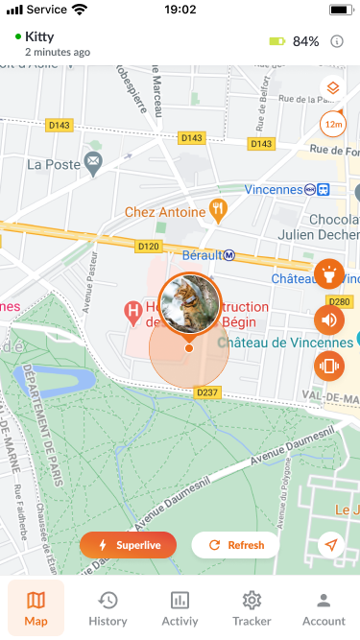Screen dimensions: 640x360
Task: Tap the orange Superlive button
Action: pos(129,545)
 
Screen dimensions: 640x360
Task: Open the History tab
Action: pos(108,607)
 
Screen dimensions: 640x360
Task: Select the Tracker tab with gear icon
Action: pos(252,607)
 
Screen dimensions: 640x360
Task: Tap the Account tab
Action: pos(324,607)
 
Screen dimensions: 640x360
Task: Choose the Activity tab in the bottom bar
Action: pos(180,607)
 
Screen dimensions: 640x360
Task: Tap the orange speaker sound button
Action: pos(329,320)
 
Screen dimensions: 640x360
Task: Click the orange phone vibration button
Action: pos(329,365)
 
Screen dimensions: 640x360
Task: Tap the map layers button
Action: pos(332,89)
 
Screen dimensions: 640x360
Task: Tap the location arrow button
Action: pos(332,545)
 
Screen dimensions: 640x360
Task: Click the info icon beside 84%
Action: pos(337,41)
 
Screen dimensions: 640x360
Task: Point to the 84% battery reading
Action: pos(305,41)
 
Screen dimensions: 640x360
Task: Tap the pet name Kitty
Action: pos(39,36)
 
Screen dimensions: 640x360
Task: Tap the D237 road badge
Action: pos(208,392)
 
